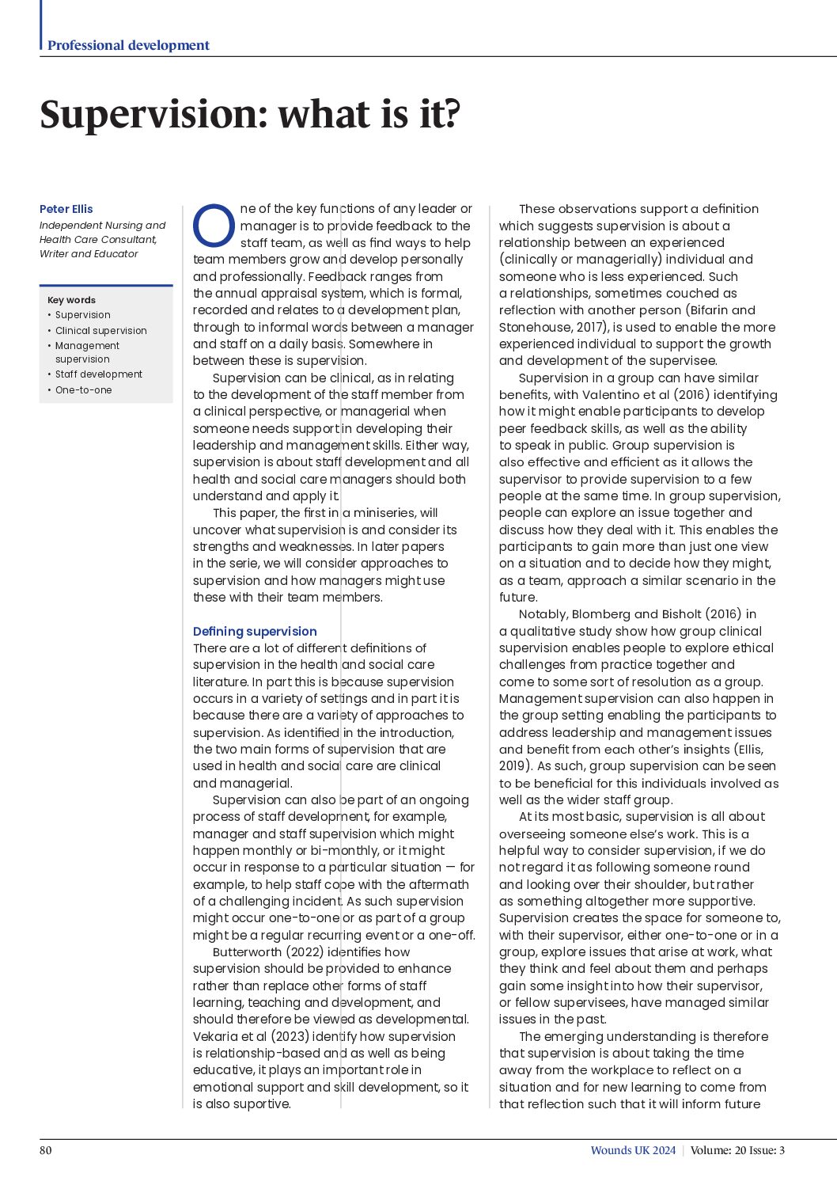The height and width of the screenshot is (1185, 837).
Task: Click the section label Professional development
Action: click(128, 45)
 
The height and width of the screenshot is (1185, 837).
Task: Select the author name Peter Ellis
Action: click(66, 209)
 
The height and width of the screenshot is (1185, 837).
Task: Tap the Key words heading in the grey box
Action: click(71, 300)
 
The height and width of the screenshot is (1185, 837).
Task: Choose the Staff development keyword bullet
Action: click(99, 374)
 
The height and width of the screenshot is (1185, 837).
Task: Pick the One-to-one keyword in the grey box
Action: click(83, 390)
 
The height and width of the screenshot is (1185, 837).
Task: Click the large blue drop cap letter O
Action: click(214, 226)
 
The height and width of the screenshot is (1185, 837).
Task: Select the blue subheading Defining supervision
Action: click(255, 632)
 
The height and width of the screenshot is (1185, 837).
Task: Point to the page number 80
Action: click(46, 1150)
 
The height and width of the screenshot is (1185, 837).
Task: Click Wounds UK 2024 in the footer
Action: click(633, 1150)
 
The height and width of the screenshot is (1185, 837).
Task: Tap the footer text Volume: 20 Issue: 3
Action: click(737, 1150)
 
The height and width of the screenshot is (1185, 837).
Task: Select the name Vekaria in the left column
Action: click(217, 1036)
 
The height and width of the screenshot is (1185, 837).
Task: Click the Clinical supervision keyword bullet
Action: click(100, 331)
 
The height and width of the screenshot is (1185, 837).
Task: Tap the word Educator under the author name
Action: click(116, 254)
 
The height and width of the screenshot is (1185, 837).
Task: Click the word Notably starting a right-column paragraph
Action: click(542, 614)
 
